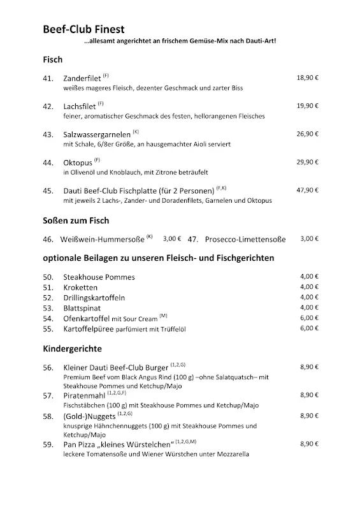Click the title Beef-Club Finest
coord(83,29)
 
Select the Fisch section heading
coord(52,59)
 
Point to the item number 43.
coord(48,135)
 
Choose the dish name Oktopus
coord(78,163)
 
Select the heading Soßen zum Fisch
coord(76,221)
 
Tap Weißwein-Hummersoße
coord(104,240)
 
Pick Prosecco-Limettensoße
coord(245,240)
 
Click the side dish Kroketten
coord(82,288)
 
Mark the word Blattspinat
coord(83,308)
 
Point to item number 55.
coord(48,328)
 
